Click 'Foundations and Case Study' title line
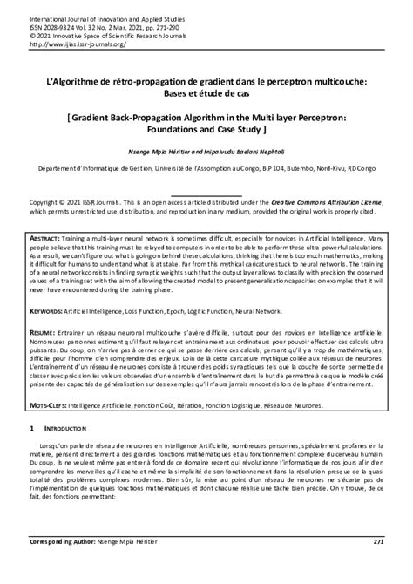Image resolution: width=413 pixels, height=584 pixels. click(x=206, y=126)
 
